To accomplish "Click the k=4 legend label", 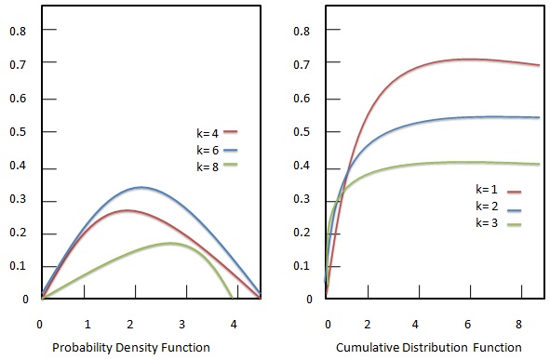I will [x=207, y=133].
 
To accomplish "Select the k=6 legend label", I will [x=207, y=150].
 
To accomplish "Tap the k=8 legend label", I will [x=207, y=167].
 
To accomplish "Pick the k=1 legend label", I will [x=489, y=191].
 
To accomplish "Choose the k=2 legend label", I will [x=489, y=207].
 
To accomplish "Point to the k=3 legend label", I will [x=489, y=224].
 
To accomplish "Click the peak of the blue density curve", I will [x=140, y=187].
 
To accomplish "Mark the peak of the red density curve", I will [x=125, y=210].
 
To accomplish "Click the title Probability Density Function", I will [x=149, y=348].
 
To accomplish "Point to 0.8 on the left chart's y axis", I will [x=16, y=30].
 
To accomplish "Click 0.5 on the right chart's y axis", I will [x=301, y=132].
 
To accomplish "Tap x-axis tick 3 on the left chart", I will [x=182, y=324].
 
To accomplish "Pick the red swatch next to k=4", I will [x=231, y=133].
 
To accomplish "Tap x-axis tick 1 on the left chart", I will [x=87, y=324].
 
